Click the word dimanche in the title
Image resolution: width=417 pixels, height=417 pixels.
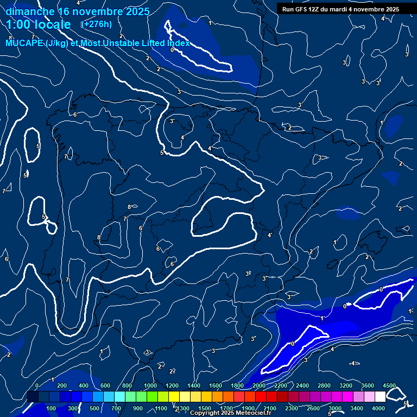pyautogui.click(x=30, y=11)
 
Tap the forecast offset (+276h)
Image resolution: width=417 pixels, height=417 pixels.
pyautogui.click(x=96, y=24)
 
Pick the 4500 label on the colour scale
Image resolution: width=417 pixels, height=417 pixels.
pyautogui.click(x=389, y=386)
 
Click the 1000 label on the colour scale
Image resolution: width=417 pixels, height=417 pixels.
pyautogui.click(x=150, y=386)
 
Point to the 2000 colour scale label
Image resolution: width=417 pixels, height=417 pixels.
pyautogui.click(x=259, y=386)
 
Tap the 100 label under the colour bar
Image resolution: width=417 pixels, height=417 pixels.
pyautogui.click(x=52, y=408)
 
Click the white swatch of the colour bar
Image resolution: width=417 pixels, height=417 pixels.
pyautogui.click(x=380, y=397)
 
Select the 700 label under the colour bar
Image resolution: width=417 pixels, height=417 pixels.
pyautogui.click(x=116, y=408)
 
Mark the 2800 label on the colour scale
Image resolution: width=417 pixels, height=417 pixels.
pyautogui.click(x=324, y=386)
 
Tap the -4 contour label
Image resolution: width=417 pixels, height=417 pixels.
pyautogui.click(x=352, y=363)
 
